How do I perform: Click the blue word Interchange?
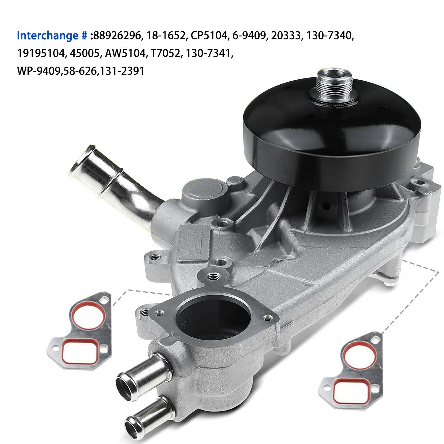47,36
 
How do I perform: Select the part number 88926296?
117,36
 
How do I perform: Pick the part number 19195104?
41,54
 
